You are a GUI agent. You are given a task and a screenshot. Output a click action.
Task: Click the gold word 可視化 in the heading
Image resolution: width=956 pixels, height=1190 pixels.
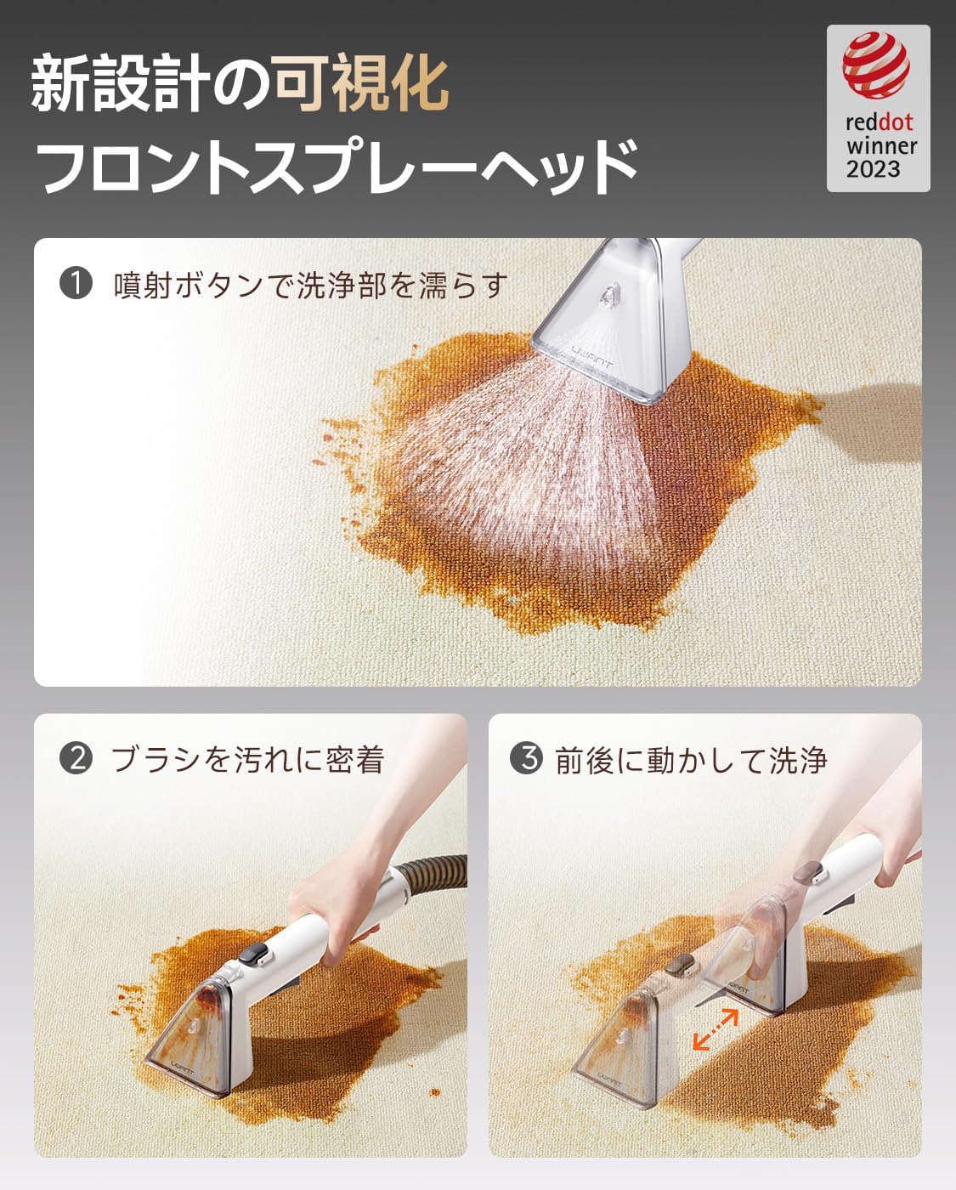(360, 83)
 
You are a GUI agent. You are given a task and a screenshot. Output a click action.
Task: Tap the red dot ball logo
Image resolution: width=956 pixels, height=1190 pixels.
(876, 65)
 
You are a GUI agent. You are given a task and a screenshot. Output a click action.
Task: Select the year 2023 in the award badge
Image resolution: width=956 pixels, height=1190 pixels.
(873, 169)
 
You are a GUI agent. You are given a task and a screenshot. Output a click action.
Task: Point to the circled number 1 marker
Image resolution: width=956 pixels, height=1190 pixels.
(76, 283)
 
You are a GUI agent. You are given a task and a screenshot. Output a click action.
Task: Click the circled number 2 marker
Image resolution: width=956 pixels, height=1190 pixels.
(76, 757)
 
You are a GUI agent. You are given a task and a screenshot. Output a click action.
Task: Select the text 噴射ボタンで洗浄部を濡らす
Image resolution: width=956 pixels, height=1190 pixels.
(311, 285)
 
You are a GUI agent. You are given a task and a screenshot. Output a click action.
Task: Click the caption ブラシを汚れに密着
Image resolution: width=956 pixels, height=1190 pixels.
(247, 759)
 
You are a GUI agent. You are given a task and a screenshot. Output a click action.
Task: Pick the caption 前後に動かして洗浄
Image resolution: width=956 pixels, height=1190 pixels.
(690, 760)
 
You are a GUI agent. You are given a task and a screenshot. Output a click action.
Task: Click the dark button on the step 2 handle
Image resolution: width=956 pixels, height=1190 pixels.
(250, 956)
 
